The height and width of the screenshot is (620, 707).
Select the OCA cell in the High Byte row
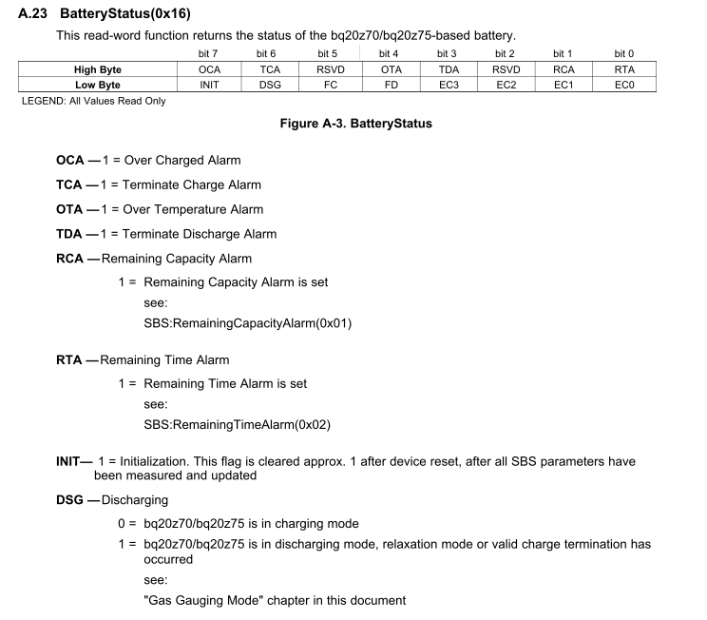209,69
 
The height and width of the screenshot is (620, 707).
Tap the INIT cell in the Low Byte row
209,85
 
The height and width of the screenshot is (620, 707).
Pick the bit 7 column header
209,54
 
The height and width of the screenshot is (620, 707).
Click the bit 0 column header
624,54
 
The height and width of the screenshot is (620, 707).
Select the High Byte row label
98,69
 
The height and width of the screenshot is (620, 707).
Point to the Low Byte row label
98,85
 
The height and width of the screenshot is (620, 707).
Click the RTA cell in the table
624,69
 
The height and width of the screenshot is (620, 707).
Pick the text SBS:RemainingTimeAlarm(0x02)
237,424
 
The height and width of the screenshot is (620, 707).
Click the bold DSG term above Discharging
70,499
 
